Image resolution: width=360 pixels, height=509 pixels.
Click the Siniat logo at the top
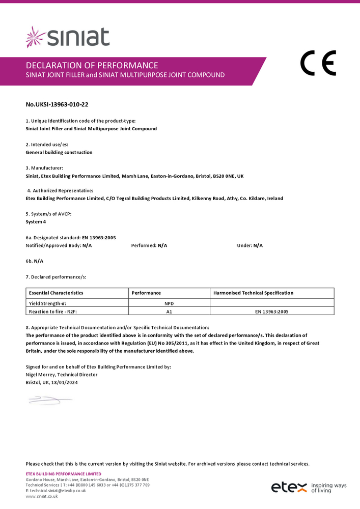point(68,37)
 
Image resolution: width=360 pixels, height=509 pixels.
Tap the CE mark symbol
point(318,64)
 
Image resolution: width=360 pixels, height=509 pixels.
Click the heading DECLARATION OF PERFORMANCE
point(92,65)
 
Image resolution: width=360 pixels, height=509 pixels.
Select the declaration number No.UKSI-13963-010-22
point(57,105)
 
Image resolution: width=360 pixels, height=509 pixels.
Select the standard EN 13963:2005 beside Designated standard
point(99,238)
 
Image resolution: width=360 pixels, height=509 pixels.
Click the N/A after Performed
point(162,246)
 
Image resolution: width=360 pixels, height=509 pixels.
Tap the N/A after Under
point(258,246)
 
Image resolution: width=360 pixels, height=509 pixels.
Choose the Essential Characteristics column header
point(56,293)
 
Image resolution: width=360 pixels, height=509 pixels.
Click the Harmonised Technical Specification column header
point(253,293)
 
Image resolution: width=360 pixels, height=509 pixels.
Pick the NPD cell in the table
point(169,303)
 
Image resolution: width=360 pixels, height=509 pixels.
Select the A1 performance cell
point(169,311)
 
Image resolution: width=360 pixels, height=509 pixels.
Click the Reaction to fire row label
point(51,311)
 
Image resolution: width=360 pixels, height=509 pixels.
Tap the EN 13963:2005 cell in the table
point(271,311)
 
